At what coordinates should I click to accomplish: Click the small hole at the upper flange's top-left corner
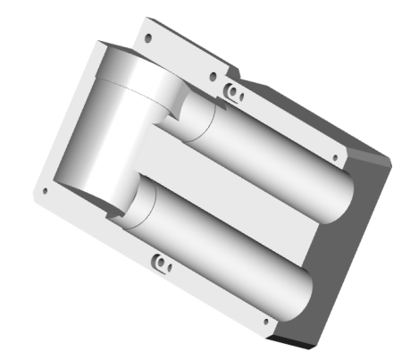coord(148,39)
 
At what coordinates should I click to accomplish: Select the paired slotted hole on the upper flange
coord(233,92)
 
